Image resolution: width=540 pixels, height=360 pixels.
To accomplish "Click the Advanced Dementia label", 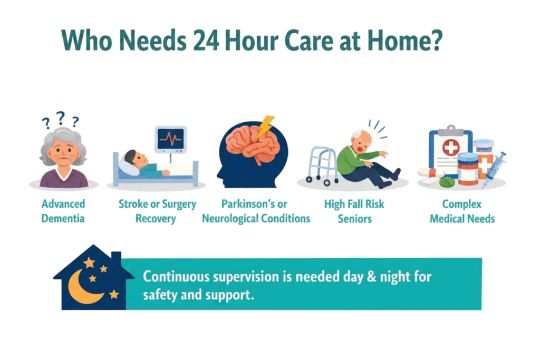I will (63, 210).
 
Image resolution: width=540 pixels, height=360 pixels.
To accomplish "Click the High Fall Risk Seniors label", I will (355, 210).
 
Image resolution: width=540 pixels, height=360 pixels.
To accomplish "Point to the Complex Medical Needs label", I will (462, 210).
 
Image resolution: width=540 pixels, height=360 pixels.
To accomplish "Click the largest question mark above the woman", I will (61, 118).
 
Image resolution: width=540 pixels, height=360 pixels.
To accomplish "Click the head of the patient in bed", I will (134, 159).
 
